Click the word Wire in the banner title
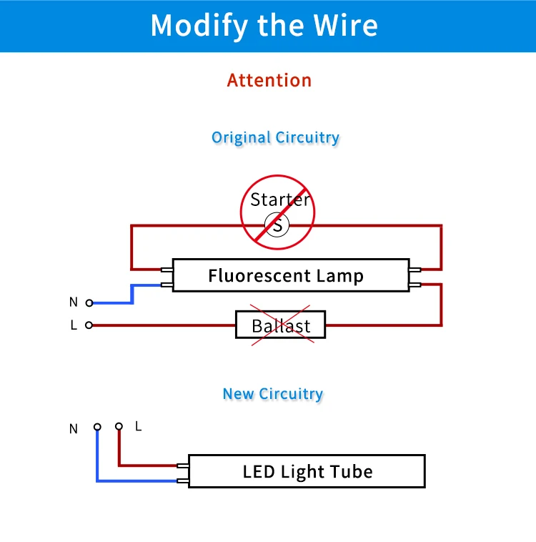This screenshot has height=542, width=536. click(345, 25)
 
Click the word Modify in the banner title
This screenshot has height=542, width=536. click(199, 26)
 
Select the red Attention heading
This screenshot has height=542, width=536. click(269, 80)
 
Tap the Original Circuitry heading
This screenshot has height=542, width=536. click(275, 137)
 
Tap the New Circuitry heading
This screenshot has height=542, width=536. click(273, 394)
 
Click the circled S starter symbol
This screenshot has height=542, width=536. click(277, 225)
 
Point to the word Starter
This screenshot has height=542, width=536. click(280, 199)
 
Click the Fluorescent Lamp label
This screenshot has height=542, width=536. click(286, 275)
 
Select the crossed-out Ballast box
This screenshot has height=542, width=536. click(280, 325)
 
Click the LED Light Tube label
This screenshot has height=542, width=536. click(307, 471)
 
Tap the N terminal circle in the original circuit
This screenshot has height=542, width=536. click(89, 302)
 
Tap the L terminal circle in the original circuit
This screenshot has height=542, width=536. click(89, 325)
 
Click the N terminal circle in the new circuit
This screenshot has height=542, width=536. click(97, 427)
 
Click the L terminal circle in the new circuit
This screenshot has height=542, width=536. click(119, 426)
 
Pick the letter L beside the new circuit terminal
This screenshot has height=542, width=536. click(138, 426)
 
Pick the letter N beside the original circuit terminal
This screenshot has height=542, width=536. click(74, 302)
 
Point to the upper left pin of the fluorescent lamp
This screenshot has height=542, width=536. click(167, 270)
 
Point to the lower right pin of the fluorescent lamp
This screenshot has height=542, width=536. click(415, 285)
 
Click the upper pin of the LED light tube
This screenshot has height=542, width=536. click(183, 466)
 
